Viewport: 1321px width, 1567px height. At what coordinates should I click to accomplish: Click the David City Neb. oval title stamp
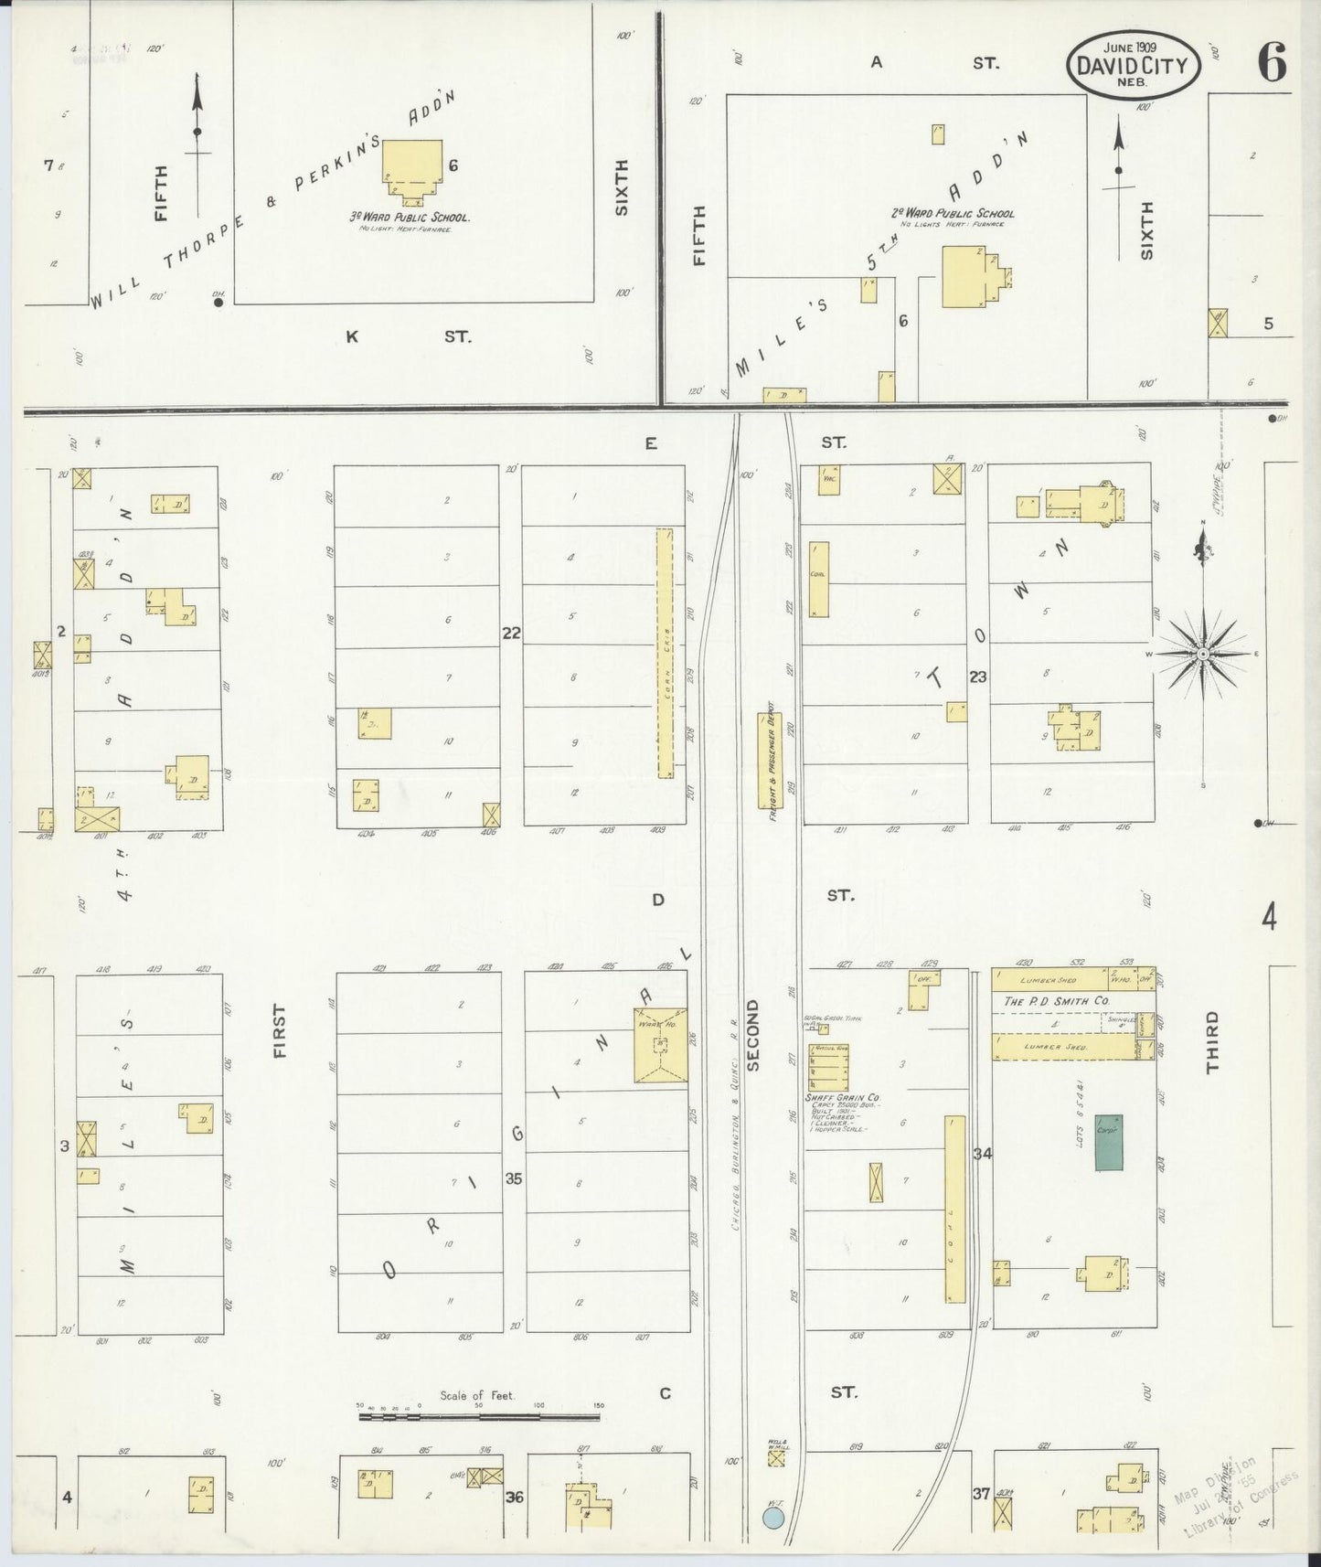1132,65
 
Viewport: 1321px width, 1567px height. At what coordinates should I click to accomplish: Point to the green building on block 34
1109,1142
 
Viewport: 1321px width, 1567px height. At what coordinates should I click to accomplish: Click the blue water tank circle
773,1519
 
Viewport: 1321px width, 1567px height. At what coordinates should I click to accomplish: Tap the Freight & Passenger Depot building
771,761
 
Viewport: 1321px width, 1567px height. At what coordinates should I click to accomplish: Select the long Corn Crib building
665,653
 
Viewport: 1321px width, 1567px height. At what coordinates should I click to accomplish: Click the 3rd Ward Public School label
410,218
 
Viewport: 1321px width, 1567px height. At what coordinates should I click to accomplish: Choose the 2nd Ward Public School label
953,213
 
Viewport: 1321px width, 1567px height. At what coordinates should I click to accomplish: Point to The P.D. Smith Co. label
1056,1001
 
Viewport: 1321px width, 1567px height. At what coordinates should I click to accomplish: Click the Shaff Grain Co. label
842,1097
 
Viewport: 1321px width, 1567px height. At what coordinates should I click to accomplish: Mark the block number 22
511,633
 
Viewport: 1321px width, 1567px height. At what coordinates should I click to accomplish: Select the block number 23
978,677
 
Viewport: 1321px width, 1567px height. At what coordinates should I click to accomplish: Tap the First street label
279,1030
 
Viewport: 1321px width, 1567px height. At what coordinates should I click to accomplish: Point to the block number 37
981,1493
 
